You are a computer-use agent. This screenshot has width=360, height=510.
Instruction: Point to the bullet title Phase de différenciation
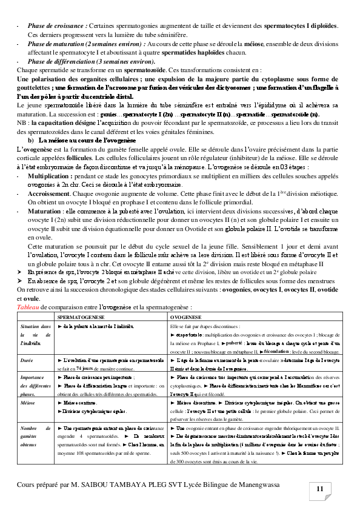pos(64,62)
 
